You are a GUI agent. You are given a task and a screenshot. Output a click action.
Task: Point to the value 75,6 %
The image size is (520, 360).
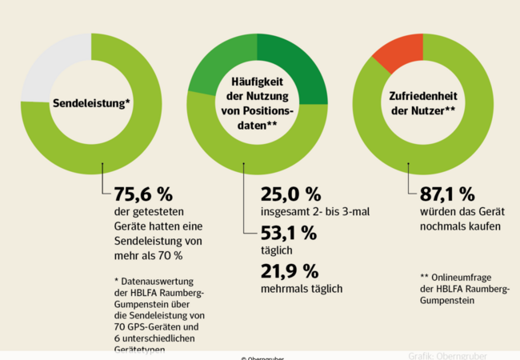(x=144, y=194)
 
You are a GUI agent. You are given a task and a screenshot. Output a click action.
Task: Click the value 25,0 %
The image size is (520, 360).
(x=290, y=194)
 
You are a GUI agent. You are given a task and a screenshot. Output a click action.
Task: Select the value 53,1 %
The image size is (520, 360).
(x=290, y=234)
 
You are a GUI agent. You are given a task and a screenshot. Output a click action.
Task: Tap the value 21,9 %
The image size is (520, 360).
(x=290, y=270)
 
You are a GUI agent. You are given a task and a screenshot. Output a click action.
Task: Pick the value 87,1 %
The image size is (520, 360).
(x=447, y=194)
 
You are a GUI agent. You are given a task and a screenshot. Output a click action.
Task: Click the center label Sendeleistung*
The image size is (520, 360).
(x=92, y=103)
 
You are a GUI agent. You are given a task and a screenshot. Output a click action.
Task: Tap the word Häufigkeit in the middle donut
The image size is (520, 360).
(x=261, y=82)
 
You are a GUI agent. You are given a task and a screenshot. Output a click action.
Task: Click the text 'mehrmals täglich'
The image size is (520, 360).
(x=302, y=288)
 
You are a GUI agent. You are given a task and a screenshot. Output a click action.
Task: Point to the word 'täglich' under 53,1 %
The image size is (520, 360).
(x=278, y=250)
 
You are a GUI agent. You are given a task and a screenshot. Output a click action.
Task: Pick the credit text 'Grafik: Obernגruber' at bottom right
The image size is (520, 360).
(x=447, y=355)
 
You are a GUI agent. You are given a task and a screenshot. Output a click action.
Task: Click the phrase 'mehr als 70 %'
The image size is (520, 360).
(x=149, y=255)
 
